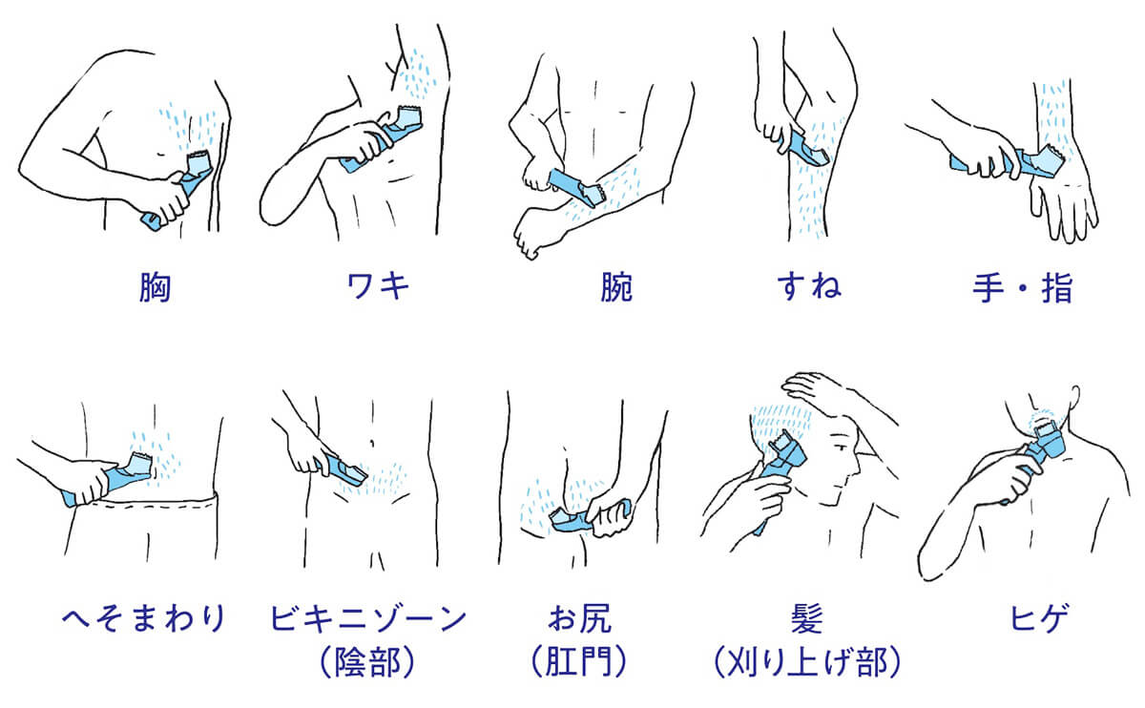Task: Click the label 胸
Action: click(x=154, y=288)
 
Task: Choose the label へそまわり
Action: click(x=143, y=618)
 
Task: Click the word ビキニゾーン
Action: click(x=369, y=618)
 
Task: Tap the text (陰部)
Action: click(x=369, y=664)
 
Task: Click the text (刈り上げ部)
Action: click(x=807, y=664)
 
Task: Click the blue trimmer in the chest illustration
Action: click(x=181, y=191)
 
